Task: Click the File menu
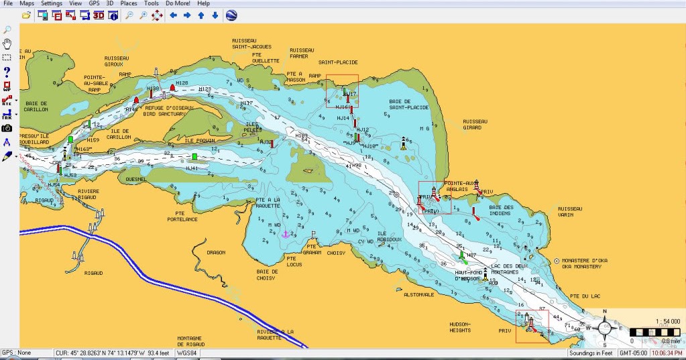click(x=8, y=3)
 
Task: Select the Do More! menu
click(x=178, y=3)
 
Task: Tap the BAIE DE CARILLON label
click(x=36, y=106)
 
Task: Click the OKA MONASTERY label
click(x=581, y=266)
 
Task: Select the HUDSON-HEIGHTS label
click(x=459, y=326)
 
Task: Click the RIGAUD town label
click(x=93, y=273)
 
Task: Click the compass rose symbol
click(x=604, y=328)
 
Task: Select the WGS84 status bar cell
click(x=185, y=353)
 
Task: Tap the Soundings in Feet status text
click(x=591, y=353)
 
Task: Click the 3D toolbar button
click(x=98, y=14)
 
